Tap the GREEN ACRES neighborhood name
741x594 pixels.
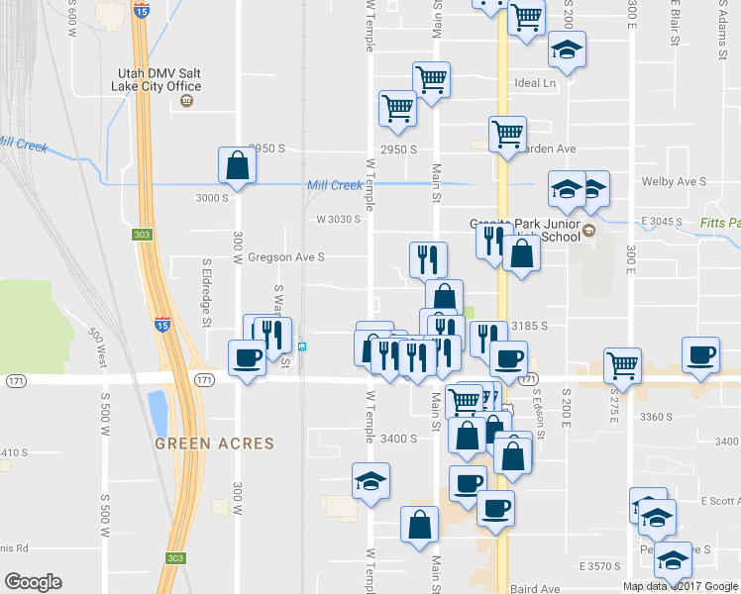point(214,444)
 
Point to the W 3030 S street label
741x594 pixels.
point(338,219)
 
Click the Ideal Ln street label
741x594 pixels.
point(535,83)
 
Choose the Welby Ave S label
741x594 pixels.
point(673,182)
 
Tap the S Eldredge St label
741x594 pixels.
point(207,293)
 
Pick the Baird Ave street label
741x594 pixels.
point(536,589)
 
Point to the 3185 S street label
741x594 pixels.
point(529,325)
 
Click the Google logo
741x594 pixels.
point(33,582)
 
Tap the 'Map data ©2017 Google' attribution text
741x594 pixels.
point(681,585)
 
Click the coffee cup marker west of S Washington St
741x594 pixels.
point(247,357)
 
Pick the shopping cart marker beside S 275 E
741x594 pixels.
point(623,365)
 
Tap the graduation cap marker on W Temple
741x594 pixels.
point(371,481)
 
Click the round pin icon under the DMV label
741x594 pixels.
point(185,101)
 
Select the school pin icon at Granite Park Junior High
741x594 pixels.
point(588,231)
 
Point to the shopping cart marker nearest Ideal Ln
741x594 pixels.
point(431,79)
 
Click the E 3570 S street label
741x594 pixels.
point(599,566)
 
